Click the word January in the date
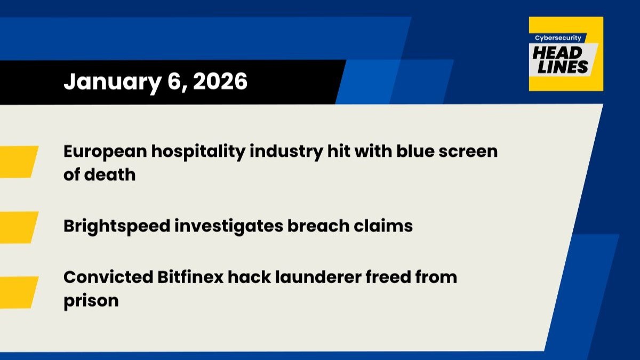(113, 82)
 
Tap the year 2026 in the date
(220, 82)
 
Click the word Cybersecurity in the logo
(558, 38)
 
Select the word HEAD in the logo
(557, 53)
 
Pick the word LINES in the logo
(563, 67)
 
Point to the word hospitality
(198, 151)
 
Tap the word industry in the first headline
(286, 151)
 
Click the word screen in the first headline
(468, 151)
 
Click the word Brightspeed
(117, 226)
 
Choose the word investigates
(229, 226)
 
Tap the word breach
(318, 226)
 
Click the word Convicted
(108, 277)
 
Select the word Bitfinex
(190, 277)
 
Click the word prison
(91, 301)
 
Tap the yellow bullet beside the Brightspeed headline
(19, 227)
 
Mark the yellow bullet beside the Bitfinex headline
(19, 292)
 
